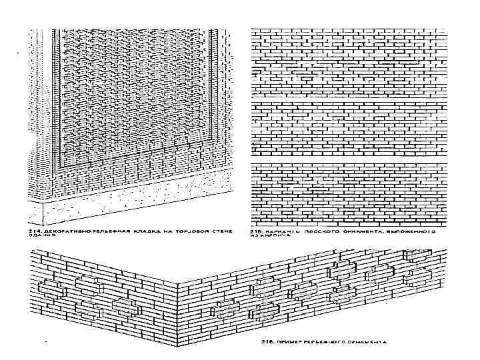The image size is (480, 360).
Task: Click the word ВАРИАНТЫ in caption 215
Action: [x=281, y=232]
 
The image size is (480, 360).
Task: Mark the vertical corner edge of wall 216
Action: [x=177, y=300]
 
